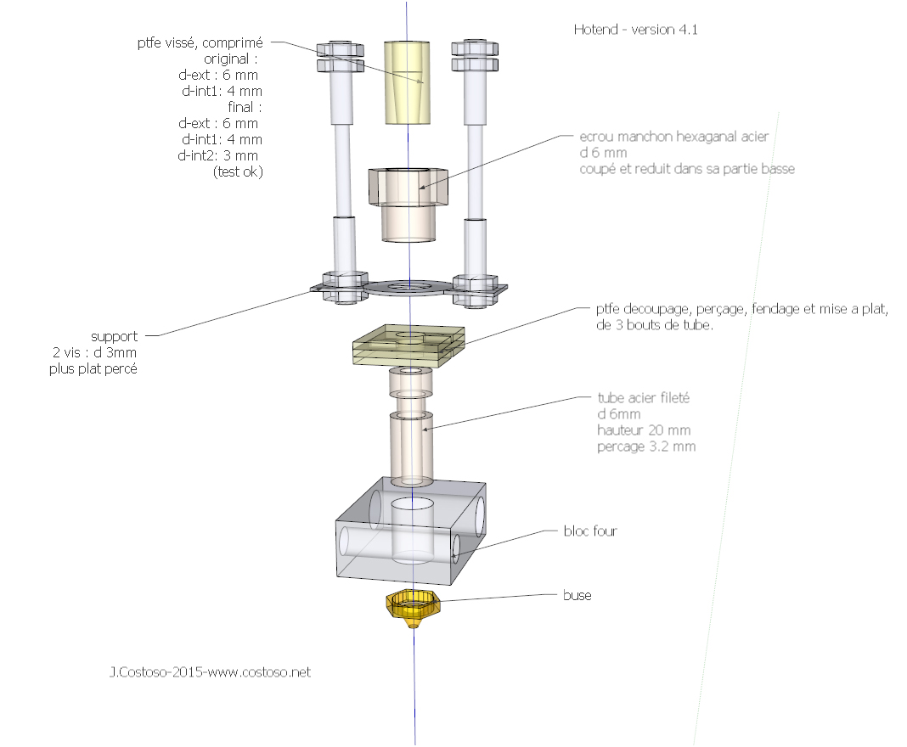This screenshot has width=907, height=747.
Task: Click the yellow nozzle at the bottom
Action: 414,607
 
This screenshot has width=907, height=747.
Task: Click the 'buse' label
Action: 577,595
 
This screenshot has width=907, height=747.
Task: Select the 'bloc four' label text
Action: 590,531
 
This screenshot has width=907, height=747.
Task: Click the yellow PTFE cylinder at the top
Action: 408,81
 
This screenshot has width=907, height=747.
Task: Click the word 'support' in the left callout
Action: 114,336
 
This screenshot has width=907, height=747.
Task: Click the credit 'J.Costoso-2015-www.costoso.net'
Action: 210,671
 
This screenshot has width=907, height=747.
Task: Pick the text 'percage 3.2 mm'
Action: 646,447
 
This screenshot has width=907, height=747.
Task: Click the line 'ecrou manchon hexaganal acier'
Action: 676,136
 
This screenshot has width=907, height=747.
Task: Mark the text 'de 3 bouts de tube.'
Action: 655,325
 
